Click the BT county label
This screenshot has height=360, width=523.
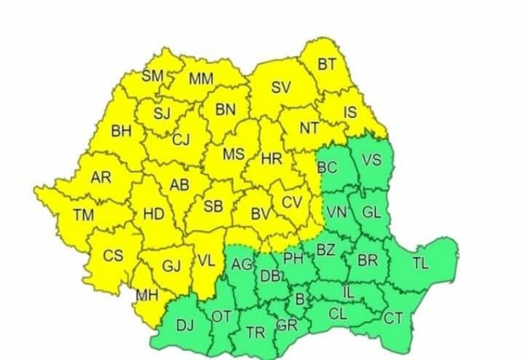click(x=327, y=64)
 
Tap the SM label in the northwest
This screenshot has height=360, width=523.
click(x=153, y=76)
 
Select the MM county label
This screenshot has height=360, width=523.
click(x=201, y=79)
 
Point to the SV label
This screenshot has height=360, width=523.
click(x=280, y=88)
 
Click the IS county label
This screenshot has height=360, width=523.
click(x=350, y=111)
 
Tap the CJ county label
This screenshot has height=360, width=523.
click(x=181, y=139)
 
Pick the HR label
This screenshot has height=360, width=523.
click(x=271, y=160)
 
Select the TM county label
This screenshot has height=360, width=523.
click(x=83, y=214)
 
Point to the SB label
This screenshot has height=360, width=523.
click(x=213, y=207)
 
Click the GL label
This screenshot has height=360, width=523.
click(x=372, y=212)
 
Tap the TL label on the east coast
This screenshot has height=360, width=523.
click(x=420, y=263)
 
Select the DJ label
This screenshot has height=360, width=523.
click(x=185, y=326)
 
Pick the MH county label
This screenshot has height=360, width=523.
click(x=147, y=296)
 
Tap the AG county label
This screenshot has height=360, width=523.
click(x=242, y=265)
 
